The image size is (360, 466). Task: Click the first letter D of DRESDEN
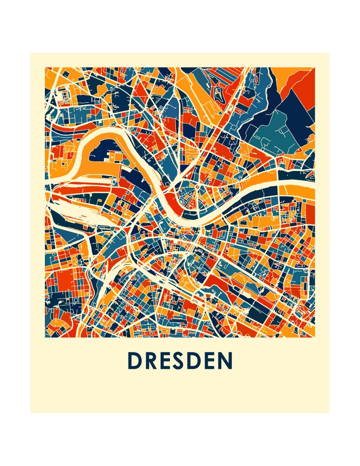click(135, 361)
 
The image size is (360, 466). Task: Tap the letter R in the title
click(152, 361)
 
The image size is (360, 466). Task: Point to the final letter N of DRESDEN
click(225, 361)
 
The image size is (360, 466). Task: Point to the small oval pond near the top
click(219, 92)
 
